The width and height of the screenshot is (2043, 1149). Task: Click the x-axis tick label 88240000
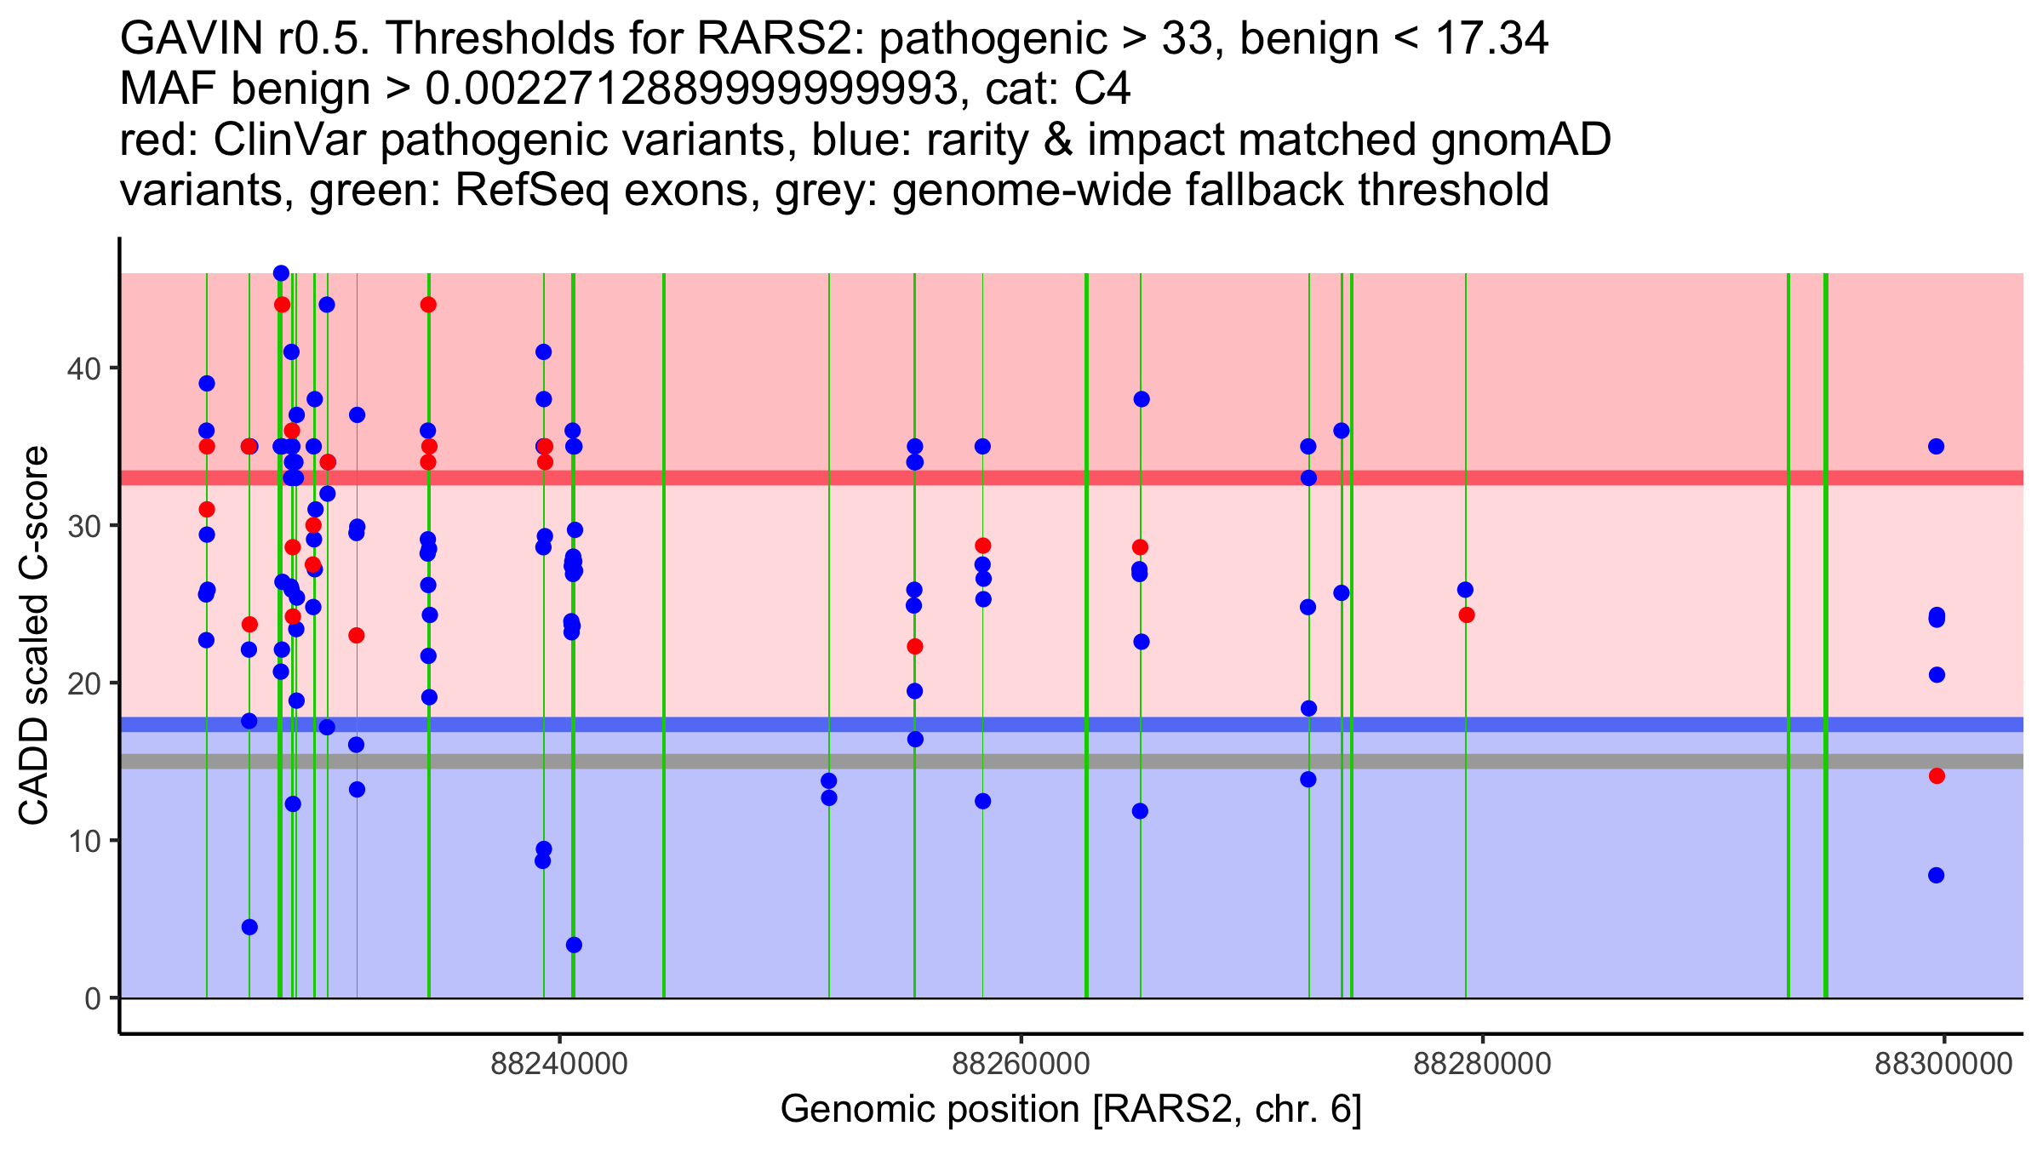pos(559,1064)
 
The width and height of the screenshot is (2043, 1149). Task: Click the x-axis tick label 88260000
pos(1021,1064)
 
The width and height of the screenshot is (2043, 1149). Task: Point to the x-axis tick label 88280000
pos(1482,1064)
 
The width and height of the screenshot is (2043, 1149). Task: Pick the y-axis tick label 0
pos(93,998)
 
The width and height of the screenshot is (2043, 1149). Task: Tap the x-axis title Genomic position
pos(1070,1110)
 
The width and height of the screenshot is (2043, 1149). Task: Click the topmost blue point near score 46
pos(281,273)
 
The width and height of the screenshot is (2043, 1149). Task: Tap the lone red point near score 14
pos(1937,775)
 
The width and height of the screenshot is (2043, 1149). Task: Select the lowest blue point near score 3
pos(574,945)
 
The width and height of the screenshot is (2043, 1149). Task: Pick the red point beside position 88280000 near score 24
pos(1467,615)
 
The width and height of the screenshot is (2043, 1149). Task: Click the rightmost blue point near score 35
pos(1937,447)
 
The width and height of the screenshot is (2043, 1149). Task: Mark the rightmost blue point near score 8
pos(1937,875)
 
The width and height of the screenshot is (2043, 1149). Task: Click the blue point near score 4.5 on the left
pos(249,927)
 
